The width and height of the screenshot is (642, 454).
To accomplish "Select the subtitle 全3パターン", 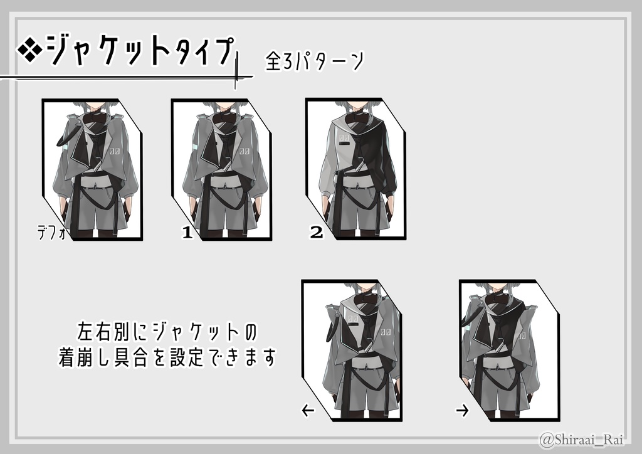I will [314, 61].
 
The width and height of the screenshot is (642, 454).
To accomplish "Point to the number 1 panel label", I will [186, 233].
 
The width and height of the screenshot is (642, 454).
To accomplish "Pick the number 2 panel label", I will [316, 233].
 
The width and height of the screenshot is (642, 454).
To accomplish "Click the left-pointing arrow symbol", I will [308, 411].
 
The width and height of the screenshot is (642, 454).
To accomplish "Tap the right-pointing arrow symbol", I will [462, 411].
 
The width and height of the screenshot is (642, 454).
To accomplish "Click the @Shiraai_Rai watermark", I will [585, 438].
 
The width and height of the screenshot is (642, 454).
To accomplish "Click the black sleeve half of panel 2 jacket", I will [384, 163].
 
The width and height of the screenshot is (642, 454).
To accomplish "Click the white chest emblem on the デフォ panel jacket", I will [115, 151].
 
